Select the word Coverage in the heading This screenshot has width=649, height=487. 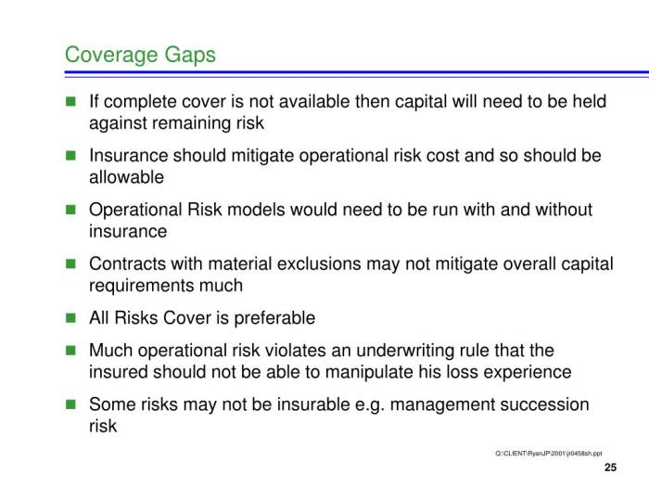click(107, 55)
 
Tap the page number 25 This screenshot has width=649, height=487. click(610, 467)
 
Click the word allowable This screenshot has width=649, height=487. click(126, 177)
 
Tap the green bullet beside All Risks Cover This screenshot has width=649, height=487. click(70, 319)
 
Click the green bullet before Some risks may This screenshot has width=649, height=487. click(70, 405)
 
